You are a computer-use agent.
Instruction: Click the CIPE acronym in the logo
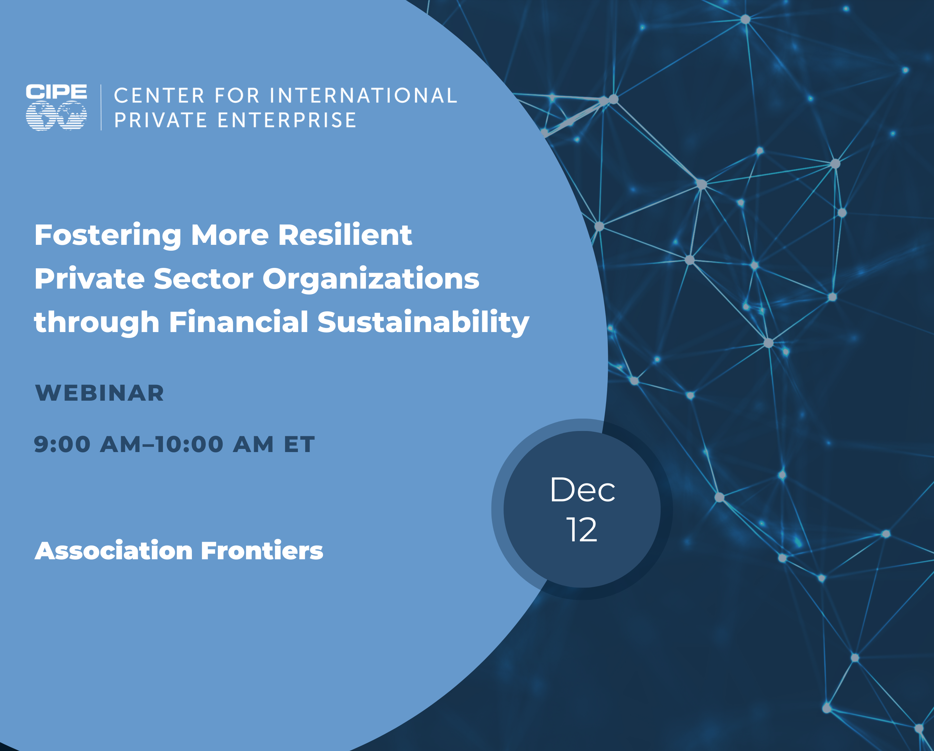click(56, 92)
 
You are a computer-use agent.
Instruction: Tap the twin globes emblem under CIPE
click(56, 116)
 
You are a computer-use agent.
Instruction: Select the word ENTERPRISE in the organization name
click(287, 120)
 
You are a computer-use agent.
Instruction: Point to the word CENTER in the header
click(159, 96)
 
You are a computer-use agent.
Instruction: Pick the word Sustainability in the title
click(423, 323)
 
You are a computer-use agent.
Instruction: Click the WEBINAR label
click(100, 393)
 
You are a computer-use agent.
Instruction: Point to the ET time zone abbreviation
click(299, 444)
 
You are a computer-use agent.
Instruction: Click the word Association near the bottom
click(114, 551)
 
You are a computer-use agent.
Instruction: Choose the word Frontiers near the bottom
click(262, 551)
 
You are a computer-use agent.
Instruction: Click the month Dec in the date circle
click(582, 490)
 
